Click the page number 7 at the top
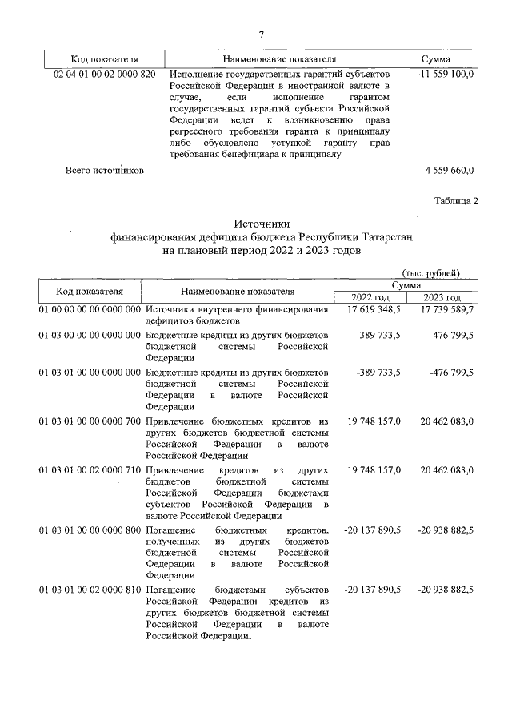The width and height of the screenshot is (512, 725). [262, 34]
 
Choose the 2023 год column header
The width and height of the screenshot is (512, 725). [442, 297]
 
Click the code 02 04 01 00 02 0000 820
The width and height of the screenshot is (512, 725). [104, 74]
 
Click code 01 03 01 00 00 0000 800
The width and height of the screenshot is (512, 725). [90, 530]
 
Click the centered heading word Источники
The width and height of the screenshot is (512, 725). [261, 224]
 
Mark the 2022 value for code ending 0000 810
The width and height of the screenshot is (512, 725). [372, 589]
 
